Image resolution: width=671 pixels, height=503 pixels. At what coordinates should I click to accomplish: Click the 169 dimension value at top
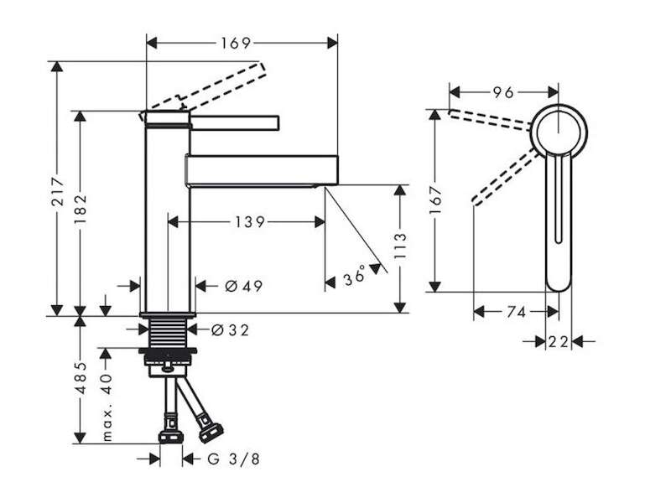click(x=236, y=44)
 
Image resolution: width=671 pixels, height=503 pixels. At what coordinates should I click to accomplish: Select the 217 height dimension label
click(x=58, y=191)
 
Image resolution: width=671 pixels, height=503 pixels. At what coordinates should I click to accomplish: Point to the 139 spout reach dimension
click(x=250, y=222)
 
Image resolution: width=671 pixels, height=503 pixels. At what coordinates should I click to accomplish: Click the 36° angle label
click(x=355, y=276)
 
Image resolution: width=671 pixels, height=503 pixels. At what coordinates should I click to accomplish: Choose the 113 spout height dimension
click(x=400, y=246)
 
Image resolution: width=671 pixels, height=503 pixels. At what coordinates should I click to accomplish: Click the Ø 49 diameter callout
click(x=243, y=286)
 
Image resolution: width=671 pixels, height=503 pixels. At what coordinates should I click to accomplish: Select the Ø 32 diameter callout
click(x=230, y=329)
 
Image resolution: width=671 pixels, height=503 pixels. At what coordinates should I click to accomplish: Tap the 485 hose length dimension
click(x=80, y=378)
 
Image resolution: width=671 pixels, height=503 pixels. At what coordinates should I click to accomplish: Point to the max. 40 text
click(x=107, y=407)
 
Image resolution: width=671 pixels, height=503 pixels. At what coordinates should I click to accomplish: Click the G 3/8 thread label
click(x=234, y=459)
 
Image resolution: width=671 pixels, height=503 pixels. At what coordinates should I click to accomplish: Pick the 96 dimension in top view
click(x=502, y=92)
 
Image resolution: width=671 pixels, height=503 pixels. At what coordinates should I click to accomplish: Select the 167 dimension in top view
click(x=435, y=200)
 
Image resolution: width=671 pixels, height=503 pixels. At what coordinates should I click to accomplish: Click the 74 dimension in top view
click(x=516, y=312)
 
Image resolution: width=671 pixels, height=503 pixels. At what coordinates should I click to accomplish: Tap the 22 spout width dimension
click(x=559, y=342)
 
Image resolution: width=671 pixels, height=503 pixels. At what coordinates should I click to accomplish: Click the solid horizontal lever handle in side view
click(x=235, y=122)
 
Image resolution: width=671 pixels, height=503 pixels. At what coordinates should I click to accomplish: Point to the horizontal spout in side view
click(x=262, y=171)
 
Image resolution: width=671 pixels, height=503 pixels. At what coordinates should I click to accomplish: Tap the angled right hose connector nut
click(x=211, y=432)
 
